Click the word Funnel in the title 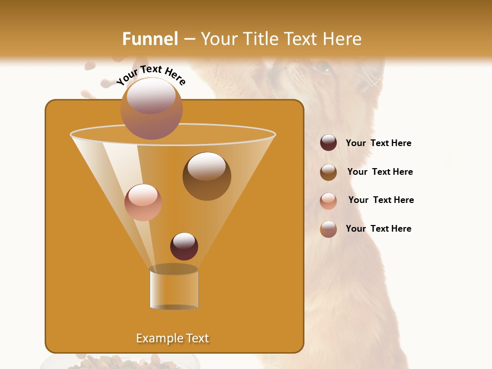(x=150, y=39)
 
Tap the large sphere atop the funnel (x=152, y=108)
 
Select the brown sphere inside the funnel (x=207, y=176)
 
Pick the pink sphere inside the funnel (x=143, y=202)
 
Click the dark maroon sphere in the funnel (x=184, y=246)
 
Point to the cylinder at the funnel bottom (x=174, y=288)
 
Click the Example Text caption (x=172, y=338)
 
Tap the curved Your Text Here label (x=151, y=74)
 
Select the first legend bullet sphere (x=329, y=142)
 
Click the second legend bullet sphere (x=329, y=172)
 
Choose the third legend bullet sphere (x=329, y=200)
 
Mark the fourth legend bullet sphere (x=329, y=229)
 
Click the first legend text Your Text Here (x=378, y=143)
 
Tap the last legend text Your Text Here (x=378, y=229)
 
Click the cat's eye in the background (x=323, y=66)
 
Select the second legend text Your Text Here (x=380, y=172)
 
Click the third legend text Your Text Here (x=381, y=200)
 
